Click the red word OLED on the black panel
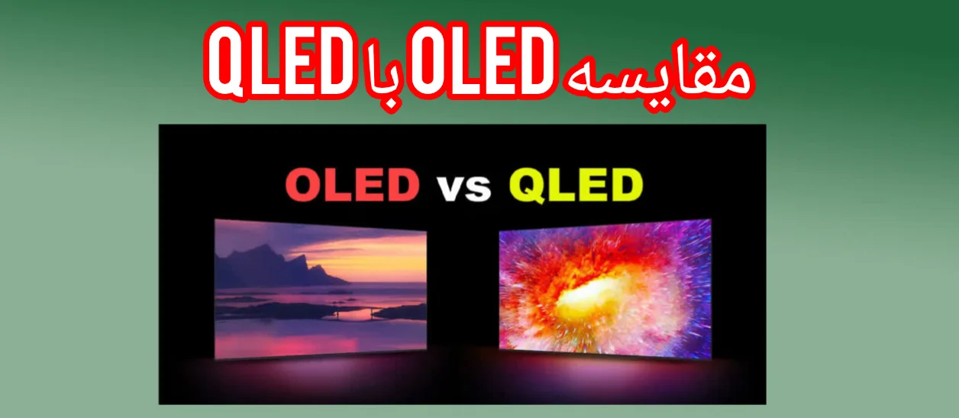click(352, 185)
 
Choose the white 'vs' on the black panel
click(463, 187)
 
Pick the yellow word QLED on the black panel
click(576, 186)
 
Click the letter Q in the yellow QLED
click(525, 186)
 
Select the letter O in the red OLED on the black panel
click(304, 186)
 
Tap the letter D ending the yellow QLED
click(624, 186)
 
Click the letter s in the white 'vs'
click(477, 189)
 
